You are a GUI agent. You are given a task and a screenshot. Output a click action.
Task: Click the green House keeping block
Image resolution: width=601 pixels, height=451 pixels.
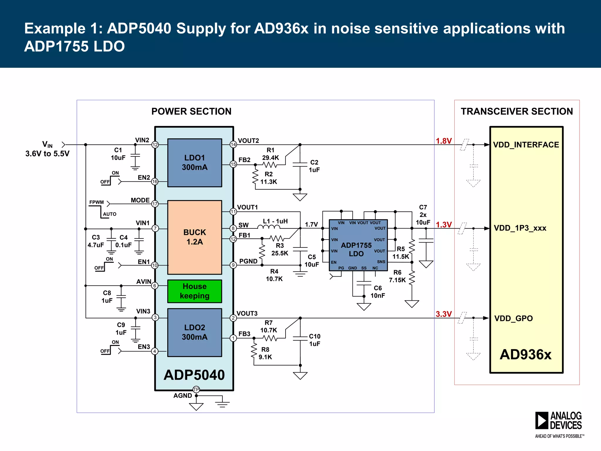coord(195,291)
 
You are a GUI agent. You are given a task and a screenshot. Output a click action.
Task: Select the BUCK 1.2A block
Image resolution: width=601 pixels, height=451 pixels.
coord(195,237)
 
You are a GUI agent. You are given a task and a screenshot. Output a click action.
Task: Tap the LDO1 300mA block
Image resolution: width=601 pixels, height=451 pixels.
coord(195,162)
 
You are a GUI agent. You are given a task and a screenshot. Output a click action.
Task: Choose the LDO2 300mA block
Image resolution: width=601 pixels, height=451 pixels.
coord(195,332)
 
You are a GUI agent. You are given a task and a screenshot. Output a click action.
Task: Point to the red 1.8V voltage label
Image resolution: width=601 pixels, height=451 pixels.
coord(443,141)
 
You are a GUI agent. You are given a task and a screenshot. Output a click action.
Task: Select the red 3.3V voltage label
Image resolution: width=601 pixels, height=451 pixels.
coord(443,314)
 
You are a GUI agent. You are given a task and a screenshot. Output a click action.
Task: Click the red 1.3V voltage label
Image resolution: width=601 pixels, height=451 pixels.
coord(443,225)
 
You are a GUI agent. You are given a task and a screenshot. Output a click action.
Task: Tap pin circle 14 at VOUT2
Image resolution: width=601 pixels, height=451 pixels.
coord(233,144)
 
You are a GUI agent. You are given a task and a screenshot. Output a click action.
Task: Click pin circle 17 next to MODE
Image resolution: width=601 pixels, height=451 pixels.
coord(155,204)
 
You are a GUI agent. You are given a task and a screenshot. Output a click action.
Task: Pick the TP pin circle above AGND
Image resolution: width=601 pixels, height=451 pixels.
coord(196,390)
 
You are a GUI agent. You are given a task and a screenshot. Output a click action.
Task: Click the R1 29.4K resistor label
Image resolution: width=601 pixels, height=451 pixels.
coord(270,154)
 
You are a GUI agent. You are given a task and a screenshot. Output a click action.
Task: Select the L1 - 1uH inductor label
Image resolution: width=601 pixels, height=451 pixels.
coord(275,221)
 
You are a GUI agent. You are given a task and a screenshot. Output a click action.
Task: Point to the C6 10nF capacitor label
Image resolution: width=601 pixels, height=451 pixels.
coord(378,292)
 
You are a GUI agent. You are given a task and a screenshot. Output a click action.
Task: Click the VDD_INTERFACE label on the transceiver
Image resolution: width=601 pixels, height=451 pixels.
coord(526,145)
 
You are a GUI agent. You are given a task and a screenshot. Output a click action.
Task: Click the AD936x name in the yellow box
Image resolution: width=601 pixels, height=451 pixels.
coord(525,354)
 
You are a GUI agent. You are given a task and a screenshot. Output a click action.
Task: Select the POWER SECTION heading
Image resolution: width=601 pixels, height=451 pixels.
coord(191,111)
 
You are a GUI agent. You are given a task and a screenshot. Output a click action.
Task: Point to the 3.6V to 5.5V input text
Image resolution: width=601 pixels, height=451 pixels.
coord(47,154)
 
